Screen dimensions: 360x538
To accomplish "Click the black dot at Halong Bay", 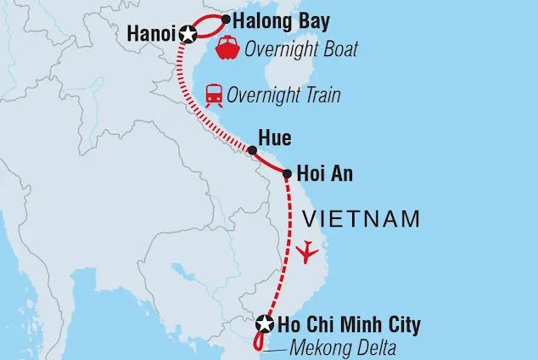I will click(x=227, y=18).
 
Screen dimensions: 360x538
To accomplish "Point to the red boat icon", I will click(x=228, y=48).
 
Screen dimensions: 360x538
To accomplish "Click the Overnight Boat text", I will click(x=300, y=50).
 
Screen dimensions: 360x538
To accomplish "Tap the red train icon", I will click(x=214, y=94).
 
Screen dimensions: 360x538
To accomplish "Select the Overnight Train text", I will click(x=284, y=95).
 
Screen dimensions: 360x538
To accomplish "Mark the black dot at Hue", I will click(x=252, y=151).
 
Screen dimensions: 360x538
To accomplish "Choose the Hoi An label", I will click(x=325, y=173).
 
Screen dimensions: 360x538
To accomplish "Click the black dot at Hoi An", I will click(x=288, y=173).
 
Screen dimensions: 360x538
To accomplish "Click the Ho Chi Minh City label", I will click(x=350, y=323).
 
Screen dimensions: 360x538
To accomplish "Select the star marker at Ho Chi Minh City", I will click(x=265, y=323).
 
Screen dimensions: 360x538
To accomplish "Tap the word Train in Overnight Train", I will click(x=317, y=95).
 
